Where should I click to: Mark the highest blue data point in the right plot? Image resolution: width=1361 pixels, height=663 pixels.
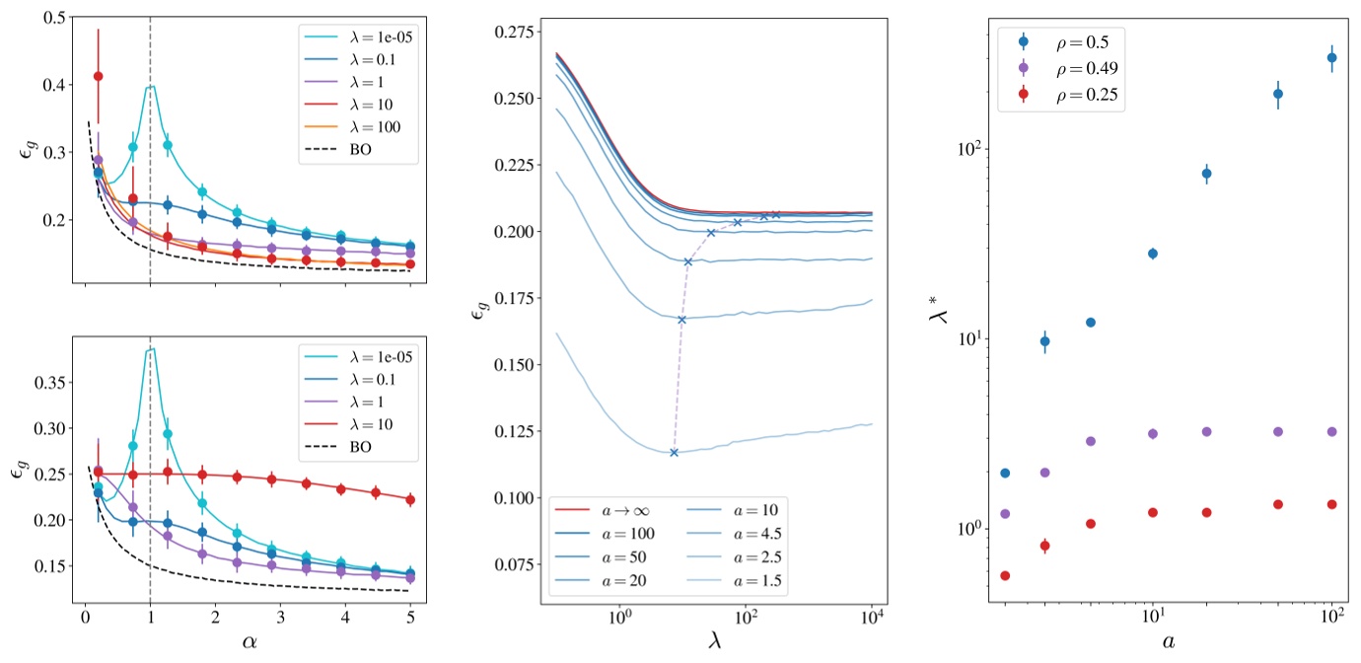1331,57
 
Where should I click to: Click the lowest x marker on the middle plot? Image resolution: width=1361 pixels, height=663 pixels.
674,453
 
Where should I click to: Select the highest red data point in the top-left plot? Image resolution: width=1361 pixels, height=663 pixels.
98,76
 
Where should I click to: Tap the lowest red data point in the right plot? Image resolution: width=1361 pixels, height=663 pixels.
1005,575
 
